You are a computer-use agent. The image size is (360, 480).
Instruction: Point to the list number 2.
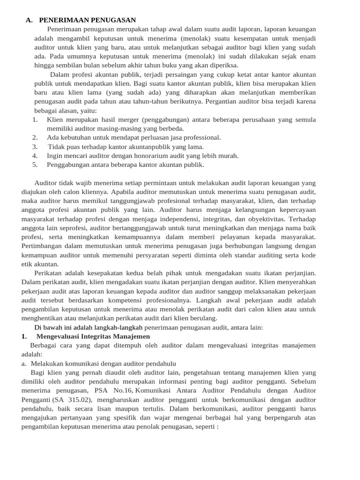(35, 137)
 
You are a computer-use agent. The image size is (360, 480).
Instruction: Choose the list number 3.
(35, 147)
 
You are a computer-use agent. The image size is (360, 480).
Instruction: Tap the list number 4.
(35, 156)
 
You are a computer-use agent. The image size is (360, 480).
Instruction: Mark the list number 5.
(35, 165)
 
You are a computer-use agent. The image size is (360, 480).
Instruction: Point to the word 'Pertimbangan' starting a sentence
(43, 246)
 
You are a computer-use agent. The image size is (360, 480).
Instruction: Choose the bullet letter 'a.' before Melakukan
(24, 363)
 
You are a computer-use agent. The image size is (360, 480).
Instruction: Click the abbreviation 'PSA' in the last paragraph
(101, 390)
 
